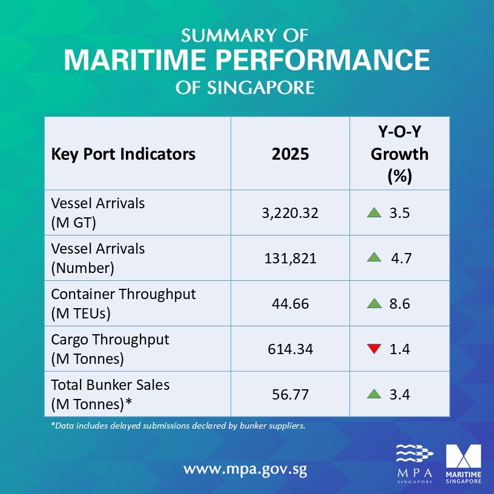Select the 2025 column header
coord(290,154)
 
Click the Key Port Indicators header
coord(123,154)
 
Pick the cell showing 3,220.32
coord(290,213)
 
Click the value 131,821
coord(290,259)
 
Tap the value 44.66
coord(290,304)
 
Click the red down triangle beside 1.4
coord(374,348)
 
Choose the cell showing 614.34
coord(290,349)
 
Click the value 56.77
coord(290,394)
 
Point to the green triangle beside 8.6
coord(374,303)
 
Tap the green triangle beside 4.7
coord(374,258)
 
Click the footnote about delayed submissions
coord(179,426)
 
